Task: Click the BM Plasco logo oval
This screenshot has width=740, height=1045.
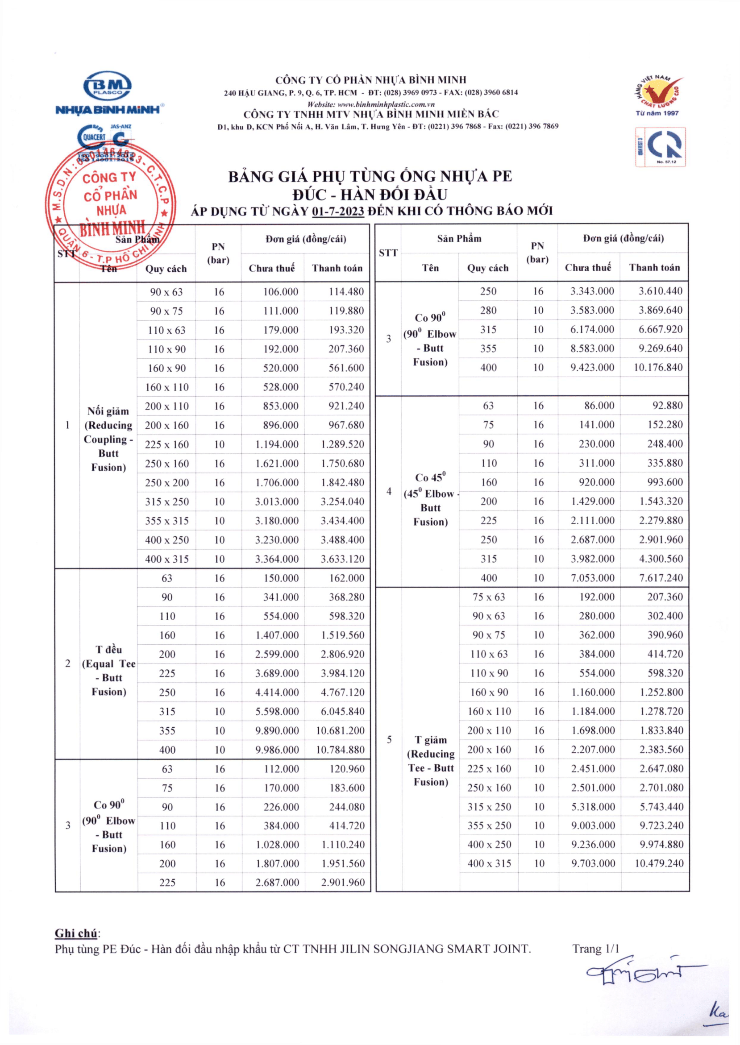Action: point(108,86)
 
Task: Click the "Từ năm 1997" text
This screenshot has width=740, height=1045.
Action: point(657,113)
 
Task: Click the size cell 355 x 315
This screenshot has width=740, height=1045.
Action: point(167,521)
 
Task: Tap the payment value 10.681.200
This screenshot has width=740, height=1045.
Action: point(341,731)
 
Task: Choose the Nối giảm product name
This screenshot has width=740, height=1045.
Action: point(108,439)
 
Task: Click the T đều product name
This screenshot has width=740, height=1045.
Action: point(109,670)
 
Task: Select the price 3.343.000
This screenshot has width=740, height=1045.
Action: point(592,291)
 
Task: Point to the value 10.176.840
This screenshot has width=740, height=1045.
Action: point(658,368)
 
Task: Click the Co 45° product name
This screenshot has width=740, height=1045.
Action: point(431,499)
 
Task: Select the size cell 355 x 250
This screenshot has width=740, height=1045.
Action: point(489,826)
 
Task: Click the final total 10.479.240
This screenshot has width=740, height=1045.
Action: point(659,864)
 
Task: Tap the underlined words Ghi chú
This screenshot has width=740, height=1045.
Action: point(76,933)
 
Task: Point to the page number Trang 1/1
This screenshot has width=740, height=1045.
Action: point(595,949)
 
